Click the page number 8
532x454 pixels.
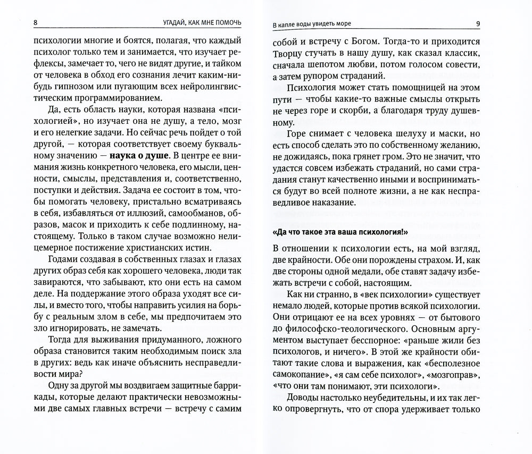point(35,23)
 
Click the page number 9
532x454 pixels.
point(477,23)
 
